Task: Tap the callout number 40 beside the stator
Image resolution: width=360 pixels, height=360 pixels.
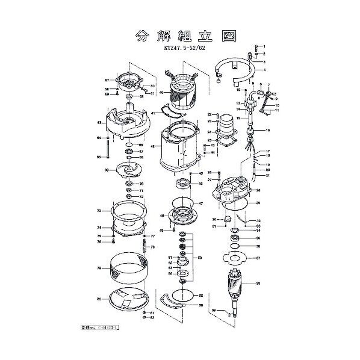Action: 161,92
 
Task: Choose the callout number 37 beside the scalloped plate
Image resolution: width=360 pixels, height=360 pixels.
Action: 258,258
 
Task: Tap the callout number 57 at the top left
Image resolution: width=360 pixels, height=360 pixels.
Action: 107,79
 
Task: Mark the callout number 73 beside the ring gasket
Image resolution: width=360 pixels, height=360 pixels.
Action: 99,211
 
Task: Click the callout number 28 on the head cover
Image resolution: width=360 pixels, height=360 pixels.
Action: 258,191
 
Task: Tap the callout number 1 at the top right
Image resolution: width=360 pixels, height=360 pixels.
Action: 263,47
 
